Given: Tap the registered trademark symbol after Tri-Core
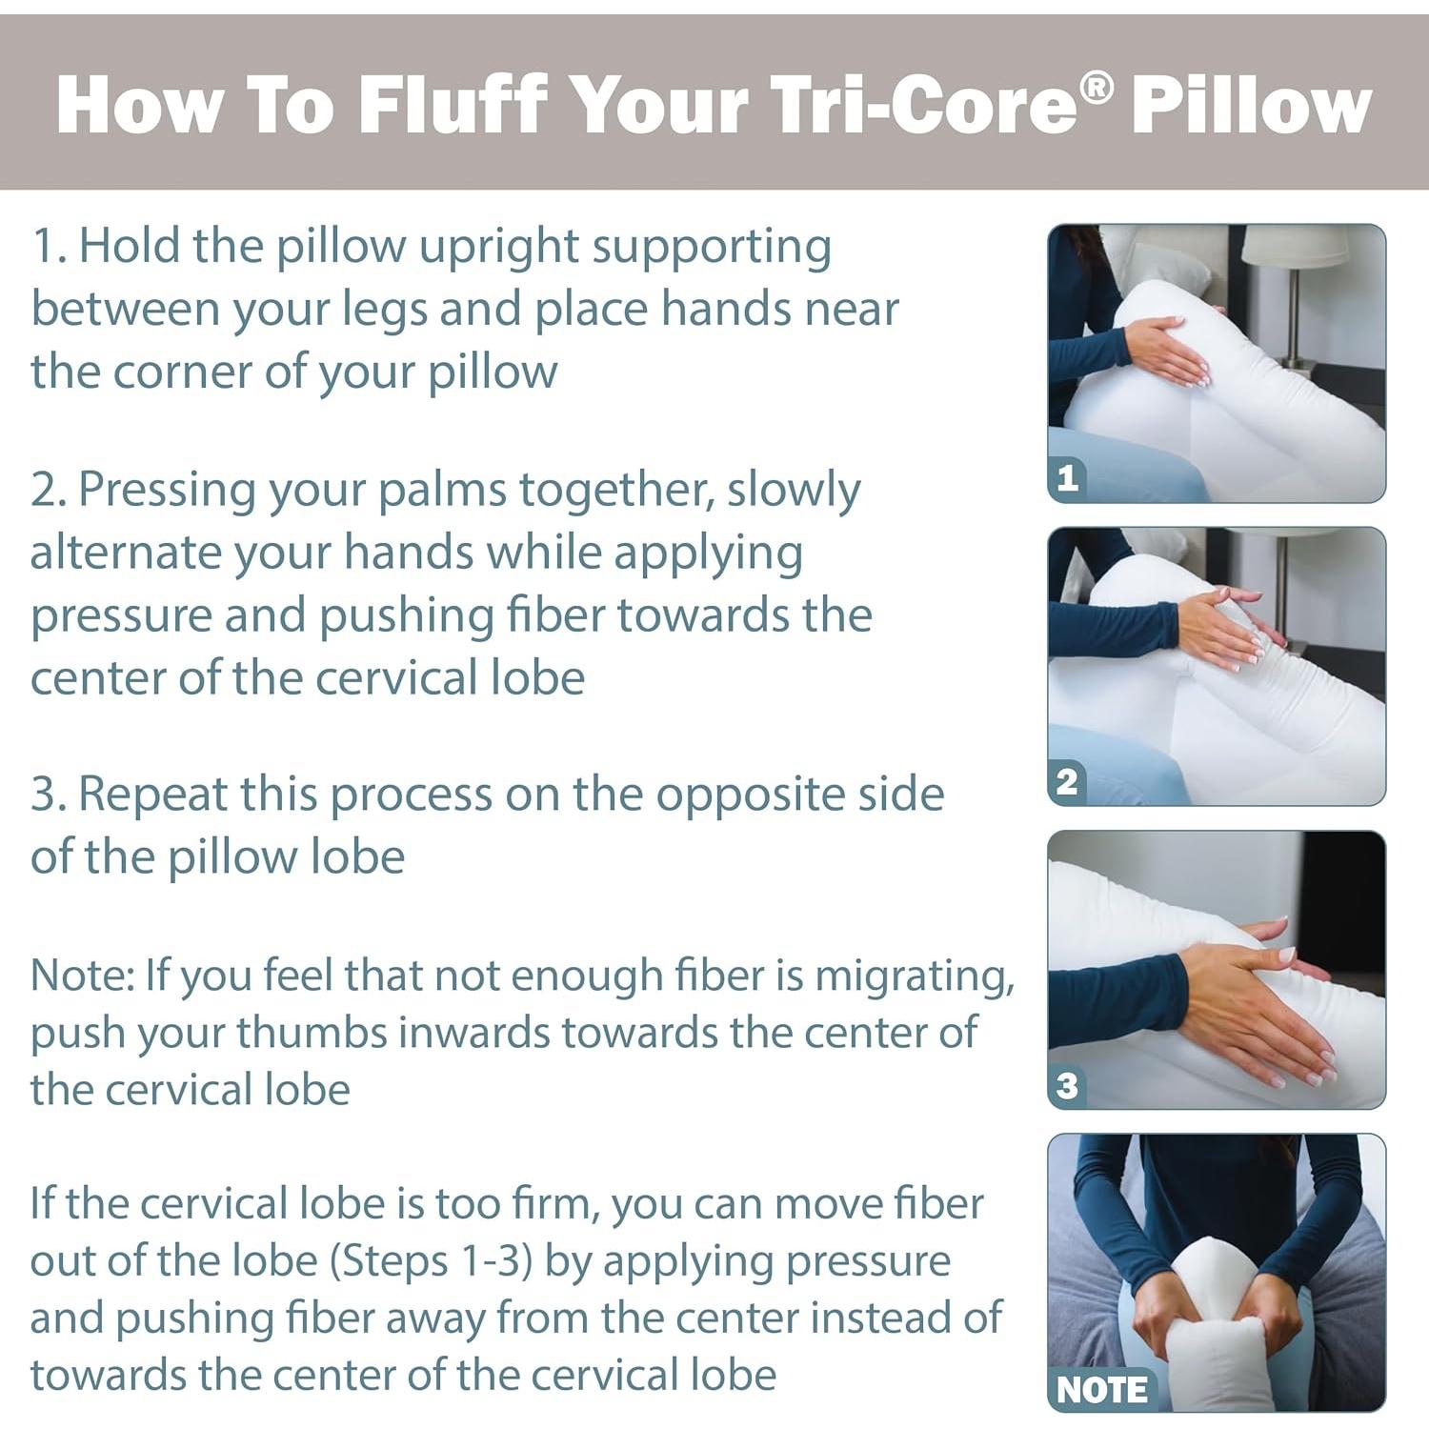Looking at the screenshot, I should [1097, 88].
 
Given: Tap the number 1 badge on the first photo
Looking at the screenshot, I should [1068, 477].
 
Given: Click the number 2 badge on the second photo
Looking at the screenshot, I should [1068, 781].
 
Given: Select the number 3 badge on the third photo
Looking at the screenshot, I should [1068, 1085].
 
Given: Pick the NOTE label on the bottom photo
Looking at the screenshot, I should [1101, 1390].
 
